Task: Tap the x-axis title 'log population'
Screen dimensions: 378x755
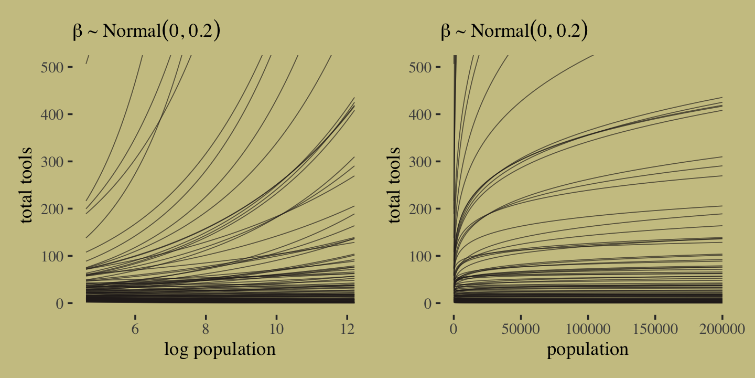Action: [220, 349]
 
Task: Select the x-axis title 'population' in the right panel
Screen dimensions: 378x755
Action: [588, 349]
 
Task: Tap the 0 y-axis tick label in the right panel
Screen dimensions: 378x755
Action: [428, 303]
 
